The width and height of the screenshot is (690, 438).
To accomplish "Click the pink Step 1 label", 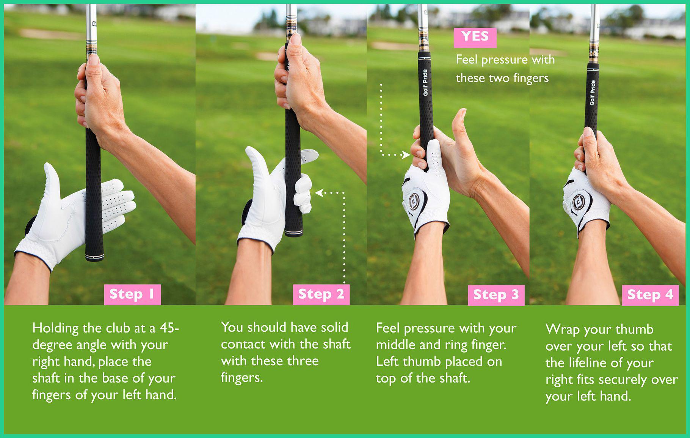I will pos(132,295).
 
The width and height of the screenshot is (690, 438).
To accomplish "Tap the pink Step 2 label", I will pos(321,295).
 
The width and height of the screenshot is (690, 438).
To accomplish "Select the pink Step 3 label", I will pos(496,295).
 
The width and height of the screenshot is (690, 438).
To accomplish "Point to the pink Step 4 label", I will pos(650,295).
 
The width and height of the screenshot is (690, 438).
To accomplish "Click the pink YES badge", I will pos(475,37).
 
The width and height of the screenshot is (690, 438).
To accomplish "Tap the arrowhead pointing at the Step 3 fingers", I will pos(407,155).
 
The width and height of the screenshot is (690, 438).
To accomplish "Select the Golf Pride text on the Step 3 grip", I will pos(425,82).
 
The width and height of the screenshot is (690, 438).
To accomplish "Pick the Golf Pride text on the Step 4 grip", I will pos(592,93).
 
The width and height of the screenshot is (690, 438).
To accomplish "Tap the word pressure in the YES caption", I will pos(505,60).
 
